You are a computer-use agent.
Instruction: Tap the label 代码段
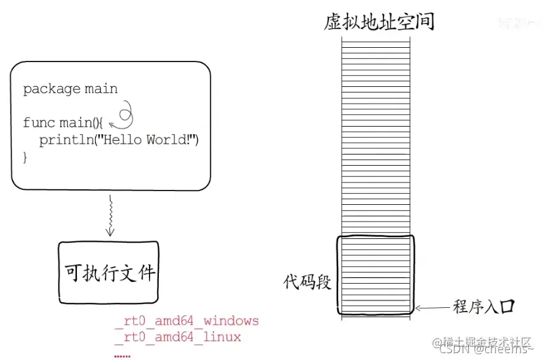(307, 282)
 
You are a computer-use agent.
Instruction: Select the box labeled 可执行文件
(109, 272)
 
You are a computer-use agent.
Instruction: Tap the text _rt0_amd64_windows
(187, 321)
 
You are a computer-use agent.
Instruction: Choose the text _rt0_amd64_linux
(178, 337)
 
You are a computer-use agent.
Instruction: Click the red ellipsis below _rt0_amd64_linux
(122, 354)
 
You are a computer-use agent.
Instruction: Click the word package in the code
(48, 89)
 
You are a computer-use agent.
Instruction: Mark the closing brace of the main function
(25, 157)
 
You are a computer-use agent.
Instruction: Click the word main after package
(102, 89)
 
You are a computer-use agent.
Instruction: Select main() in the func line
(84, 122)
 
